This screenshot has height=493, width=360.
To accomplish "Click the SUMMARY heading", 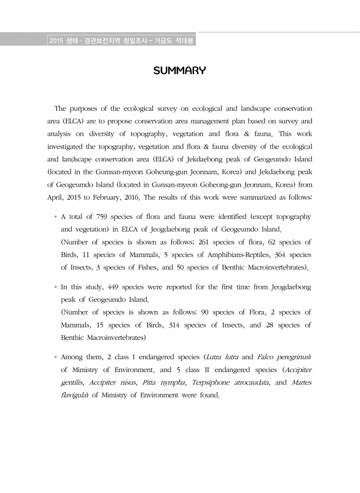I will coord(179,71).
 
